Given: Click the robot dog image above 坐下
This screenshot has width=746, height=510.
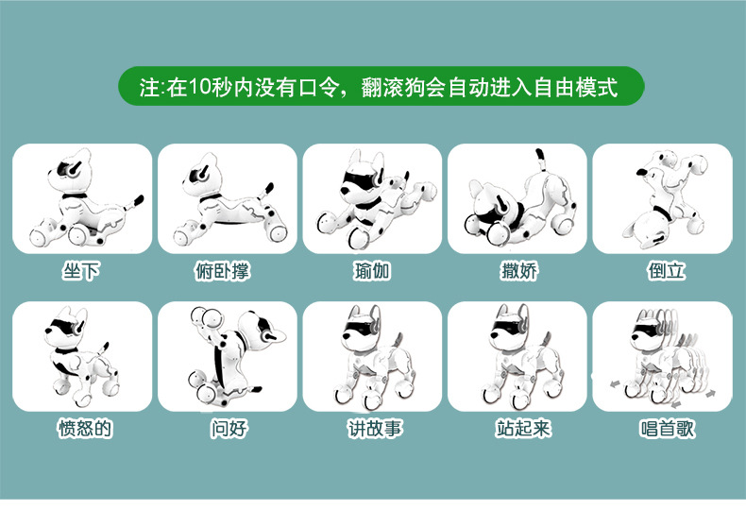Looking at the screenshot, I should (x=82, y=199).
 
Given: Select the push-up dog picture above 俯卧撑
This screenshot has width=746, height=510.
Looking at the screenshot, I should (x=227, y=199).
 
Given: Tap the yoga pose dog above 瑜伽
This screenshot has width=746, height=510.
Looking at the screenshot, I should (x=372, y=199).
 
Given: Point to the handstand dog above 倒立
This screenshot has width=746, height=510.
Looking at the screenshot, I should (x=661, y=199).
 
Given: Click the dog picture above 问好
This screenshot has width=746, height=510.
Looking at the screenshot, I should (x=227, y=357).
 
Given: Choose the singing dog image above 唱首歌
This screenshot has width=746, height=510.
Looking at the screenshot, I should (x=661, y=357).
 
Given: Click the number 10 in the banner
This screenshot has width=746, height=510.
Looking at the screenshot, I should (x=200, y=88).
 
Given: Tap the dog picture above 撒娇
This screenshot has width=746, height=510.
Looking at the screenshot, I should (x=517, y=199).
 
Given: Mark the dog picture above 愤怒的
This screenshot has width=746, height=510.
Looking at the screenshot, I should (x=82, y=357).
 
